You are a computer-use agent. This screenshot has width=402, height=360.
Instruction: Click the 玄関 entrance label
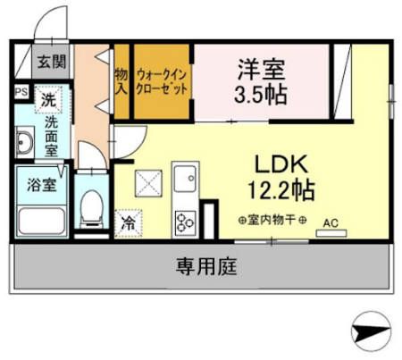(x=51, y=63)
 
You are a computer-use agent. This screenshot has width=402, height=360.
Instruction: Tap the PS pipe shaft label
(x=20, y=90)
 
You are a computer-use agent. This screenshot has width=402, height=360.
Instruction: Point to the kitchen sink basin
(x=186, y=183)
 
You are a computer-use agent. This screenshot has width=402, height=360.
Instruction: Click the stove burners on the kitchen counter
(x=187, y=219)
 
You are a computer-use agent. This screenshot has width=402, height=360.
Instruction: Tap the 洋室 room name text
(x=262, y=68)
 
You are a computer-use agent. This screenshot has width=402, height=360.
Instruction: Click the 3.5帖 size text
(x=262, y=94)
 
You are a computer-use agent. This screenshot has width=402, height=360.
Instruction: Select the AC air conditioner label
(x=330, y=222)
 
